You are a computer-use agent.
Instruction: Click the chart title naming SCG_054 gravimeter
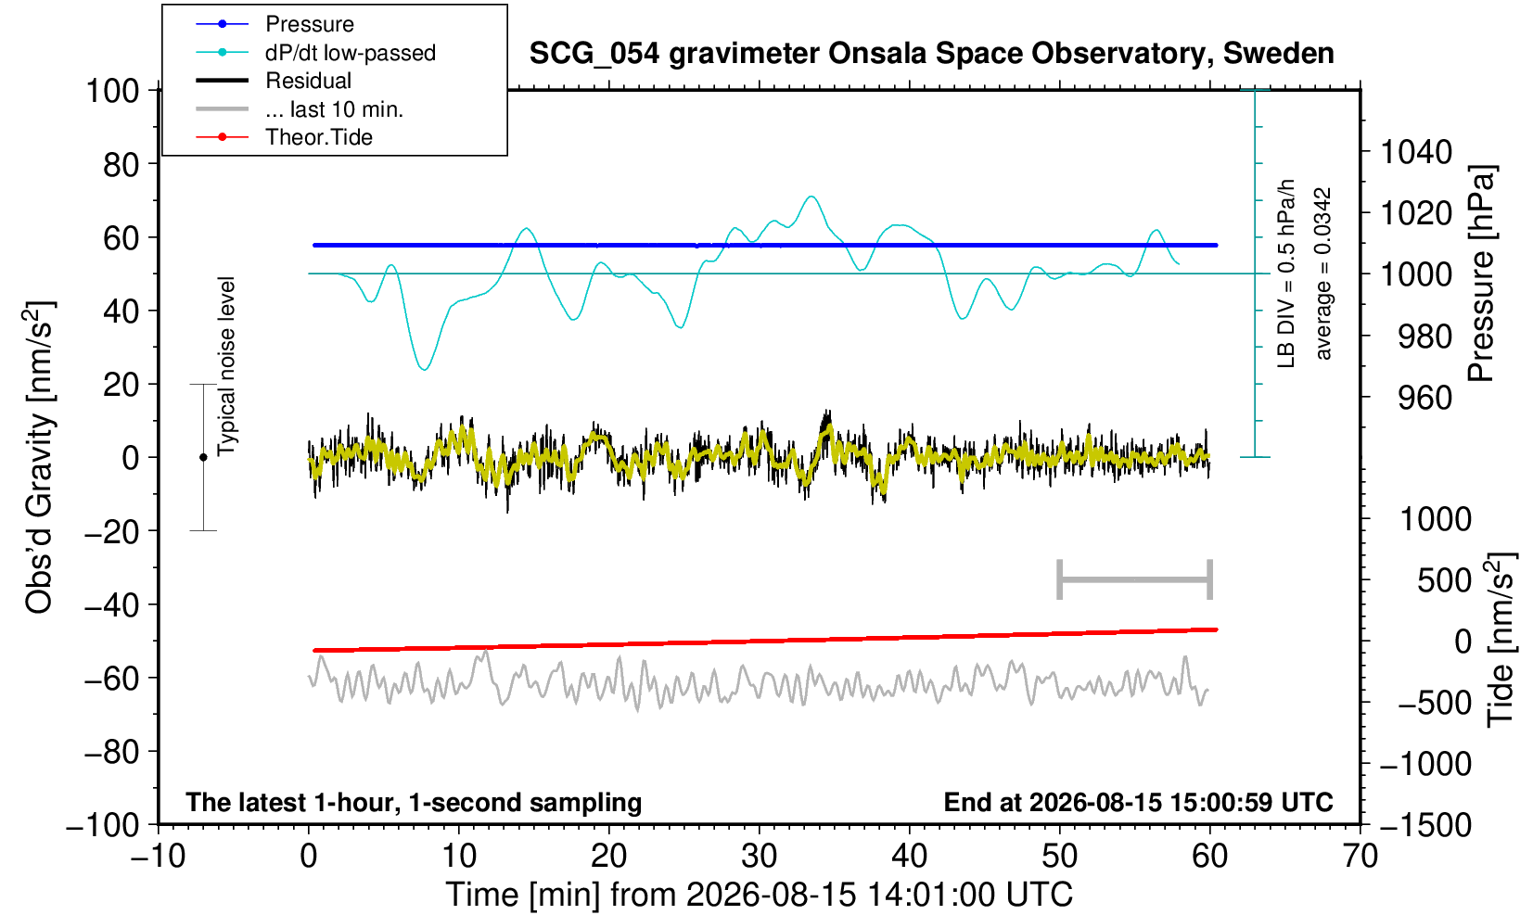[931, 54]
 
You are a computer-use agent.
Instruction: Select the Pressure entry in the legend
[310, 25]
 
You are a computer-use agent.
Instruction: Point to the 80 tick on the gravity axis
[121, 165]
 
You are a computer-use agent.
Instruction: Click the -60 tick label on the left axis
[111, 679]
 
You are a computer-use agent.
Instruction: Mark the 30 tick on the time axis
[759, 857]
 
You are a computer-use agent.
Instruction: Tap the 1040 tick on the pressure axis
[1416, 152]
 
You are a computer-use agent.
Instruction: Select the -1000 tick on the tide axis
[1425, 764]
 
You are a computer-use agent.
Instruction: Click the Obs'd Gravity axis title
[39, 456]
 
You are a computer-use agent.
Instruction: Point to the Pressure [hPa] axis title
[1482, 273]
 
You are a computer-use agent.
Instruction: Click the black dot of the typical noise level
[203, 457]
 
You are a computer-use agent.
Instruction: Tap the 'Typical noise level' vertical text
[226, 366]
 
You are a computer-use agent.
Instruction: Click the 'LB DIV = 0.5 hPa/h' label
[1286, 273]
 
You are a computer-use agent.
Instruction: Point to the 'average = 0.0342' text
[1323, 273]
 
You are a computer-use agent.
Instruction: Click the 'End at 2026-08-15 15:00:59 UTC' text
[1138, 802]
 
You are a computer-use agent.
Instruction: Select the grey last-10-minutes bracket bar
[1135, 579]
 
